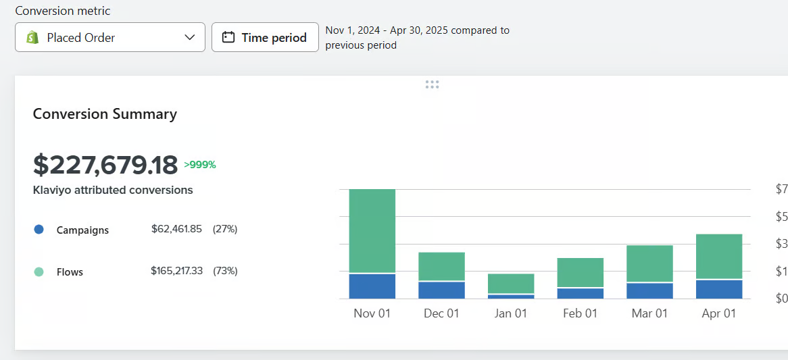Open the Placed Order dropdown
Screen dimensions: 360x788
click(110, 38)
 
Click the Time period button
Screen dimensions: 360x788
click(265, 38)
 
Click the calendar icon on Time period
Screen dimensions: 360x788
click(228, 38)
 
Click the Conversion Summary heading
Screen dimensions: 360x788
click(105, 114)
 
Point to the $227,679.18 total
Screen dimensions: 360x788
click(105, 165)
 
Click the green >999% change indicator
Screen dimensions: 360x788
click(200, 165)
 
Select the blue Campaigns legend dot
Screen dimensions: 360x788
click(39, 230)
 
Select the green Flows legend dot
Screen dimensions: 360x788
click(39, 272)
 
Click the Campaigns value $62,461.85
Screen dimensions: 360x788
click(176, 229)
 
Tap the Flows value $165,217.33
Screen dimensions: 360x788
click(176, 271)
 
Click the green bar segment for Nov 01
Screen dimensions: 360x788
click(372, 231)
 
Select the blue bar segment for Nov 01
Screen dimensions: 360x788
click(372, 286)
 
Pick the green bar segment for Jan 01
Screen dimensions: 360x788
click(511, 284)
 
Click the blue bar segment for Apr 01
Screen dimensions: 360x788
click(719, 289)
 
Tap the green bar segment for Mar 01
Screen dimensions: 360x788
click(649, 263)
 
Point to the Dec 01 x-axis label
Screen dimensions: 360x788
click(441, 313)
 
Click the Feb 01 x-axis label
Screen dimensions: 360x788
click(580, 313)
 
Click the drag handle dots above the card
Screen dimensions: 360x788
click(433, 84)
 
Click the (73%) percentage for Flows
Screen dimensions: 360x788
click(225, 271)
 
